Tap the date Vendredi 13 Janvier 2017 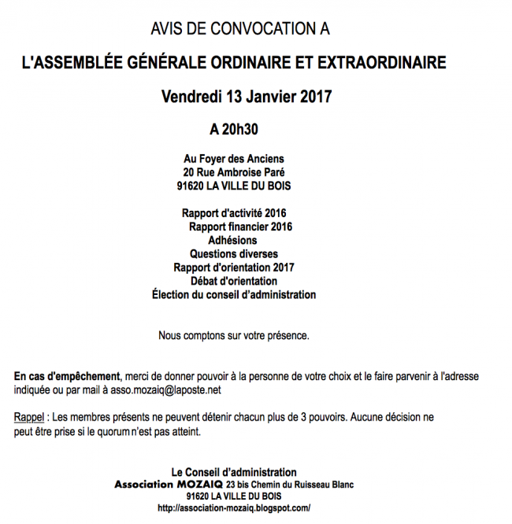247,97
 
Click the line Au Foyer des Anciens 234,159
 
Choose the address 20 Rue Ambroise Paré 234,172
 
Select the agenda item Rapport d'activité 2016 234,213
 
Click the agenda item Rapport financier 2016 240,227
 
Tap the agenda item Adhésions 232,240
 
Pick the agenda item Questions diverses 233,254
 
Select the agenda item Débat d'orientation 234,281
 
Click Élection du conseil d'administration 234,295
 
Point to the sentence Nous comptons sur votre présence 234,336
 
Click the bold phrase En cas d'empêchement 67,376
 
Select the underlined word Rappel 28,417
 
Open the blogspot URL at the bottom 234,509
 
